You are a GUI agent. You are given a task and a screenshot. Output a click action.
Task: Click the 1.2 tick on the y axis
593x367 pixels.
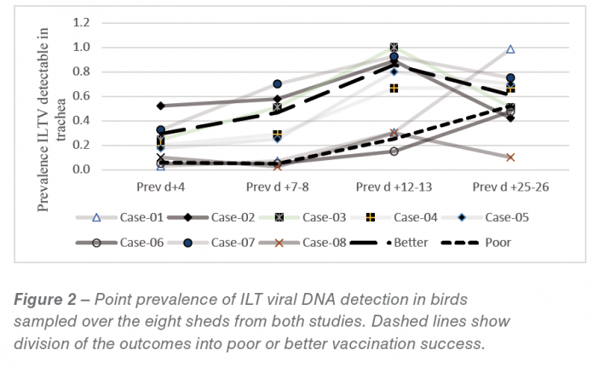[83, 23]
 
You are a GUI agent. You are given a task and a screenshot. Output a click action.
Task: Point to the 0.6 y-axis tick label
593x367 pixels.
[83, 96]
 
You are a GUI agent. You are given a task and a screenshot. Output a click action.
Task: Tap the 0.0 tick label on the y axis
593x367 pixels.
[83, 169]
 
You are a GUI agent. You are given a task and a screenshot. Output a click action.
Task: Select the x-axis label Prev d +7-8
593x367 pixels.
[278, 185]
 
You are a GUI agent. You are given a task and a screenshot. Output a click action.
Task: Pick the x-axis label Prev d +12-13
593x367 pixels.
[394, 185]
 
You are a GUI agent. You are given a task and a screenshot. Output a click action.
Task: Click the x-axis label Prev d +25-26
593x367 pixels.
[510, 185]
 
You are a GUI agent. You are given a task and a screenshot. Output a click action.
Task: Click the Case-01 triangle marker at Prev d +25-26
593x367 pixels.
[510, 49]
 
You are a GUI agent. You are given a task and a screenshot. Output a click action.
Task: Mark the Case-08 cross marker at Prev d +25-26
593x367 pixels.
[510, 158]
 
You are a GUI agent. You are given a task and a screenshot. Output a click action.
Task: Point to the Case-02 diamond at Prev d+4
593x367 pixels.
[161, 106]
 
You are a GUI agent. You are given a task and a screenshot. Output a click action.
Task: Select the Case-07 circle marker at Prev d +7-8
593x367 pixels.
[278, 84]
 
